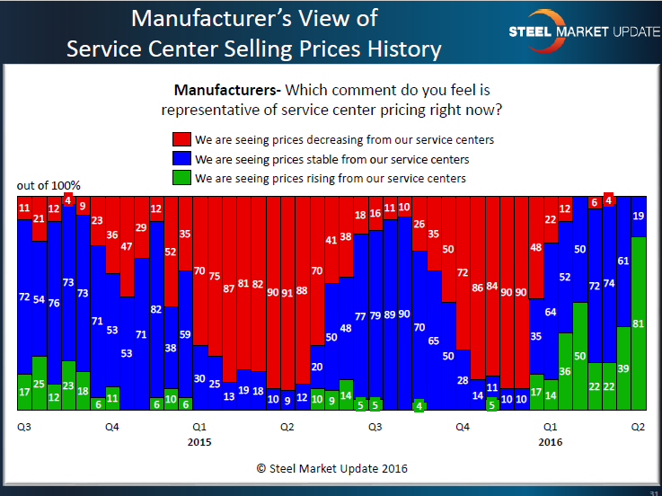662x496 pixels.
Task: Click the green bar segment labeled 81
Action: tap(638, 323)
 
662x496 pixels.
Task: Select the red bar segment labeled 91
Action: tap(287, 292)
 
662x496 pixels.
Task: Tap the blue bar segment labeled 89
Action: tap(389, 314)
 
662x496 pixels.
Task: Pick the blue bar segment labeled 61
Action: tap(623, 261)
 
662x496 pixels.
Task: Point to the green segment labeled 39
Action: tap(623, 368)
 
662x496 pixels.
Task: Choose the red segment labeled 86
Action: tap(477, 289)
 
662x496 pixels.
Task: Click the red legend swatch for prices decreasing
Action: tap(180, 141)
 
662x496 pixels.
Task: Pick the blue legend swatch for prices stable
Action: tap(180, 160)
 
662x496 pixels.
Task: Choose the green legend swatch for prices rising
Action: tap(180, 179)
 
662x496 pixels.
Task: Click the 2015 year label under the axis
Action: tap(200, 442)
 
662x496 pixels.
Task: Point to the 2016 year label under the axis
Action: tap(551, 442)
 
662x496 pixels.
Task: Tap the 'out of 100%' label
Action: tap(49, 186)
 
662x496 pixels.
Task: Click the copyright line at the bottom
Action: tap(331, 469)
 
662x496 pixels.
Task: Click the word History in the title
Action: tap(398, 48)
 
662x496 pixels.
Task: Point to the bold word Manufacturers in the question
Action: tap(225, 91)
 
